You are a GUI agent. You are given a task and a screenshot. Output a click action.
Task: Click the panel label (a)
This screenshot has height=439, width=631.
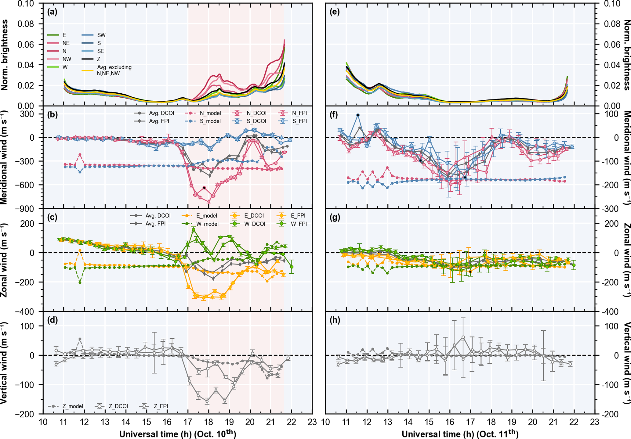[x=52, y=12]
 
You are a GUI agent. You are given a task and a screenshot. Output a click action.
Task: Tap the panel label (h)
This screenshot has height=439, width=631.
[x=335, y=320]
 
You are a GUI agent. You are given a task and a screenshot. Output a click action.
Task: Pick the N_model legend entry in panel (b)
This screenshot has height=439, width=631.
[x=210, y=113]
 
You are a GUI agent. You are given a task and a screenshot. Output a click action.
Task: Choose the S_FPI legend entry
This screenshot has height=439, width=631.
[x=299, y=121]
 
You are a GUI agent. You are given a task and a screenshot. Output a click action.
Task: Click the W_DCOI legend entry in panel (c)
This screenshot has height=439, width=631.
[x=255, y=224]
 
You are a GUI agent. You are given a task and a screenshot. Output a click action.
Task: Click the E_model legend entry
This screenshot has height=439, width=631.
[x=206, y=216]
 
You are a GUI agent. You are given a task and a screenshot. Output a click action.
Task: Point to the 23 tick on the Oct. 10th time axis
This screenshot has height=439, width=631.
[x=312, y=422]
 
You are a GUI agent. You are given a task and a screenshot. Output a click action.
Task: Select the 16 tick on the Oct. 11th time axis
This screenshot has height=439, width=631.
[x=449, y=422]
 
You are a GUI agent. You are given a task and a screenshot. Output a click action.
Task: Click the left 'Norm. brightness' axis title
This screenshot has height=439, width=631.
[x=5, y=55]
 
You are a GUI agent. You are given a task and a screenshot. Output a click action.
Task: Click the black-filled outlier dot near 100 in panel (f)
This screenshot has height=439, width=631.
[x=358, y=115]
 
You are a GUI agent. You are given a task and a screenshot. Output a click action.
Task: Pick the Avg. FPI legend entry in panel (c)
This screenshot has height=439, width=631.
[x=155, y=224]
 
